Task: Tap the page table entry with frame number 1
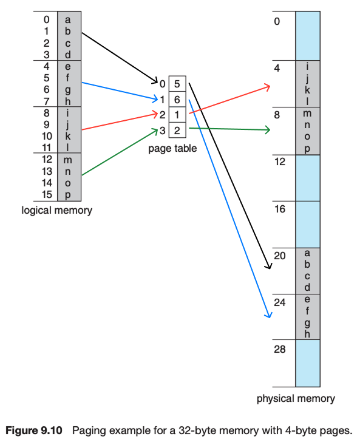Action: point(177,114)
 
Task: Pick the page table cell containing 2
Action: point(177,129)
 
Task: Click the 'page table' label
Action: point(172,149)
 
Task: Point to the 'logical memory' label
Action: point(57,211)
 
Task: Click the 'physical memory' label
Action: point(296,399)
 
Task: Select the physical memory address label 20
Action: point(279,256)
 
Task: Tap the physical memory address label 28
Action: point(279,349)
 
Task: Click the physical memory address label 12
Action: point(279,163)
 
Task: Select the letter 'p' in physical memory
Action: point(307,148)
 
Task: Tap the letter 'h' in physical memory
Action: point(307,333)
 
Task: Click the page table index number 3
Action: point(162,129)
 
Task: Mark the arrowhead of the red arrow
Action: point(269,87)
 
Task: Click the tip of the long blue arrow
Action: point(268,316)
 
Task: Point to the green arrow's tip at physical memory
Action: point(269,130)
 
